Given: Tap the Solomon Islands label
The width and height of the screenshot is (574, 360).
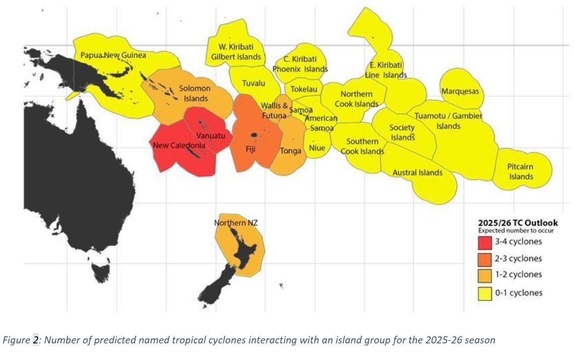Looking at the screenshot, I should tap(195, 94).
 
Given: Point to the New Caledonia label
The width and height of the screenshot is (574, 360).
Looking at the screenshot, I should tap(179, 146).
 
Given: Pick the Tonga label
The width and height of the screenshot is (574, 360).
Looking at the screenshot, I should tap(291, 151).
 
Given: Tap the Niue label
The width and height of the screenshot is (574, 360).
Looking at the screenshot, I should tap(317, 148).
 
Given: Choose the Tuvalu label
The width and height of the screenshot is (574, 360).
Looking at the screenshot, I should tap(254, 83).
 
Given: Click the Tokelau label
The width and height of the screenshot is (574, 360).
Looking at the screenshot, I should tap(304, 89).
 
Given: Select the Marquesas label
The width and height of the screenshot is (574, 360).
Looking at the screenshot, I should tap(460, 92).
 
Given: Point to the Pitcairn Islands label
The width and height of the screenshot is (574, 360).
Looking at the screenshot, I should tap(521, 172).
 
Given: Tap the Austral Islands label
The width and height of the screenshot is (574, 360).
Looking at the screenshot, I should tap(417, 173).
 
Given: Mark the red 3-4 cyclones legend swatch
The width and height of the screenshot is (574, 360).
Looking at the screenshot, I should tap(484, 243).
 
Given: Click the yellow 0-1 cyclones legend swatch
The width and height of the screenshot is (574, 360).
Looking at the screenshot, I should tap(484, 293).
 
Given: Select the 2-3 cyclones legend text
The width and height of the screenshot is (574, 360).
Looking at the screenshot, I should tap(519, 259).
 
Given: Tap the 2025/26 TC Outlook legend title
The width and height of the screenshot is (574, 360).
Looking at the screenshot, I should tap(517, 223).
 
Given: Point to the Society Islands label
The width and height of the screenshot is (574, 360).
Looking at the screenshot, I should tap(402, 132).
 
